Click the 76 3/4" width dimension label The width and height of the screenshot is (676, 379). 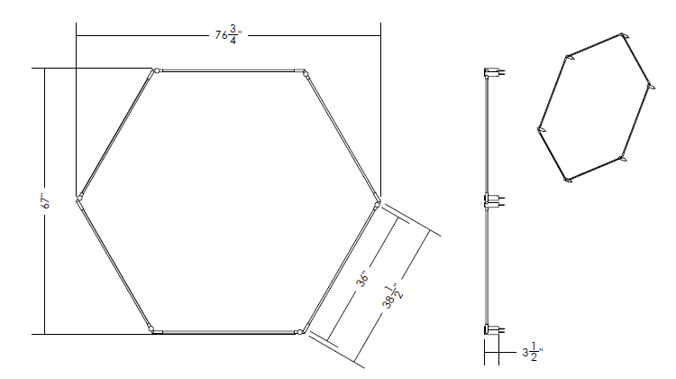point(229,35)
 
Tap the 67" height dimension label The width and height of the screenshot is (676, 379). point(46,200)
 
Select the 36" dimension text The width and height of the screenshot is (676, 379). point(363,279)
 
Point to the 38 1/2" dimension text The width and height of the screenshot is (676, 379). point(392,297)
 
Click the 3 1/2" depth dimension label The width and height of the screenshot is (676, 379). point(533,352)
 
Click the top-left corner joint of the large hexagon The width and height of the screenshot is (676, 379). point(156,70)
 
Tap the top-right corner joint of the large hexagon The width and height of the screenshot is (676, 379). point(304,71)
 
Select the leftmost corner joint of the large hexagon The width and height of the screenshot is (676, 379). point(79,199)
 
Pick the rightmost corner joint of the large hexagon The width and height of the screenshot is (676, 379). point(378,203)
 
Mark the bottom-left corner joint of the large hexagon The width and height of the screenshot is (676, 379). point(151,329)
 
